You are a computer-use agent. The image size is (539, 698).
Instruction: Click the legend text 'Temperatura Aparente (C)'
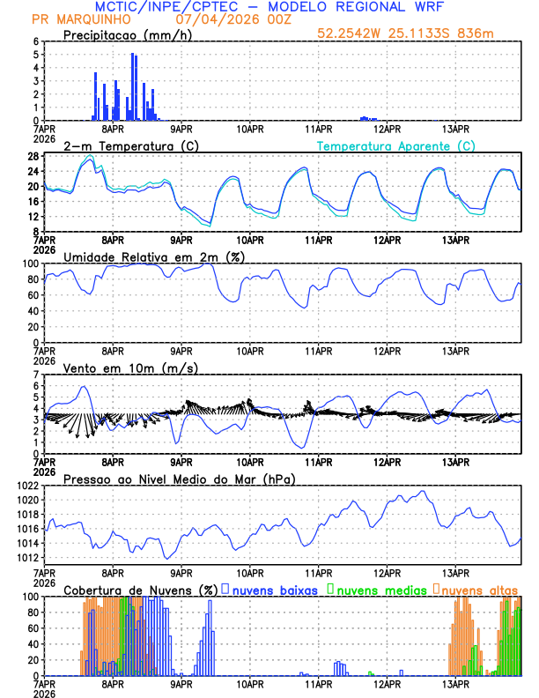coord(396,145)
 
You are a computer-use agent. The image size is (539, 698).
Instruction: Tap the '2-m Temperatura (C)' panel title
coord(122,145)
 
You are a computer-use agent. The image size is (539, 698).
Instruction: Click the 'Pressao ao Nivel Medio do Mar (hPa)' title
coord(180,479)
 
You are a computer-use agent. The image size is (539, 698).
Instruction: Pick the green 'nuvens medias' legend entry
coord(377,590)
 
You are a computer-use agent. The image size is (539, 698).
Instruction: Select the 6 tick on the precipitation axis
coord(35,41)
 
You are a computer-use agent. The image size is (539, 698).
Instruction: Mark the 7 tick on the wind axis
coord(35,375)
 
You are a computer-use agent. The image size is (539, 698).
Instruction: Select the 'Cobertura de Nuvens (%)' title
coord(140,590)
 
